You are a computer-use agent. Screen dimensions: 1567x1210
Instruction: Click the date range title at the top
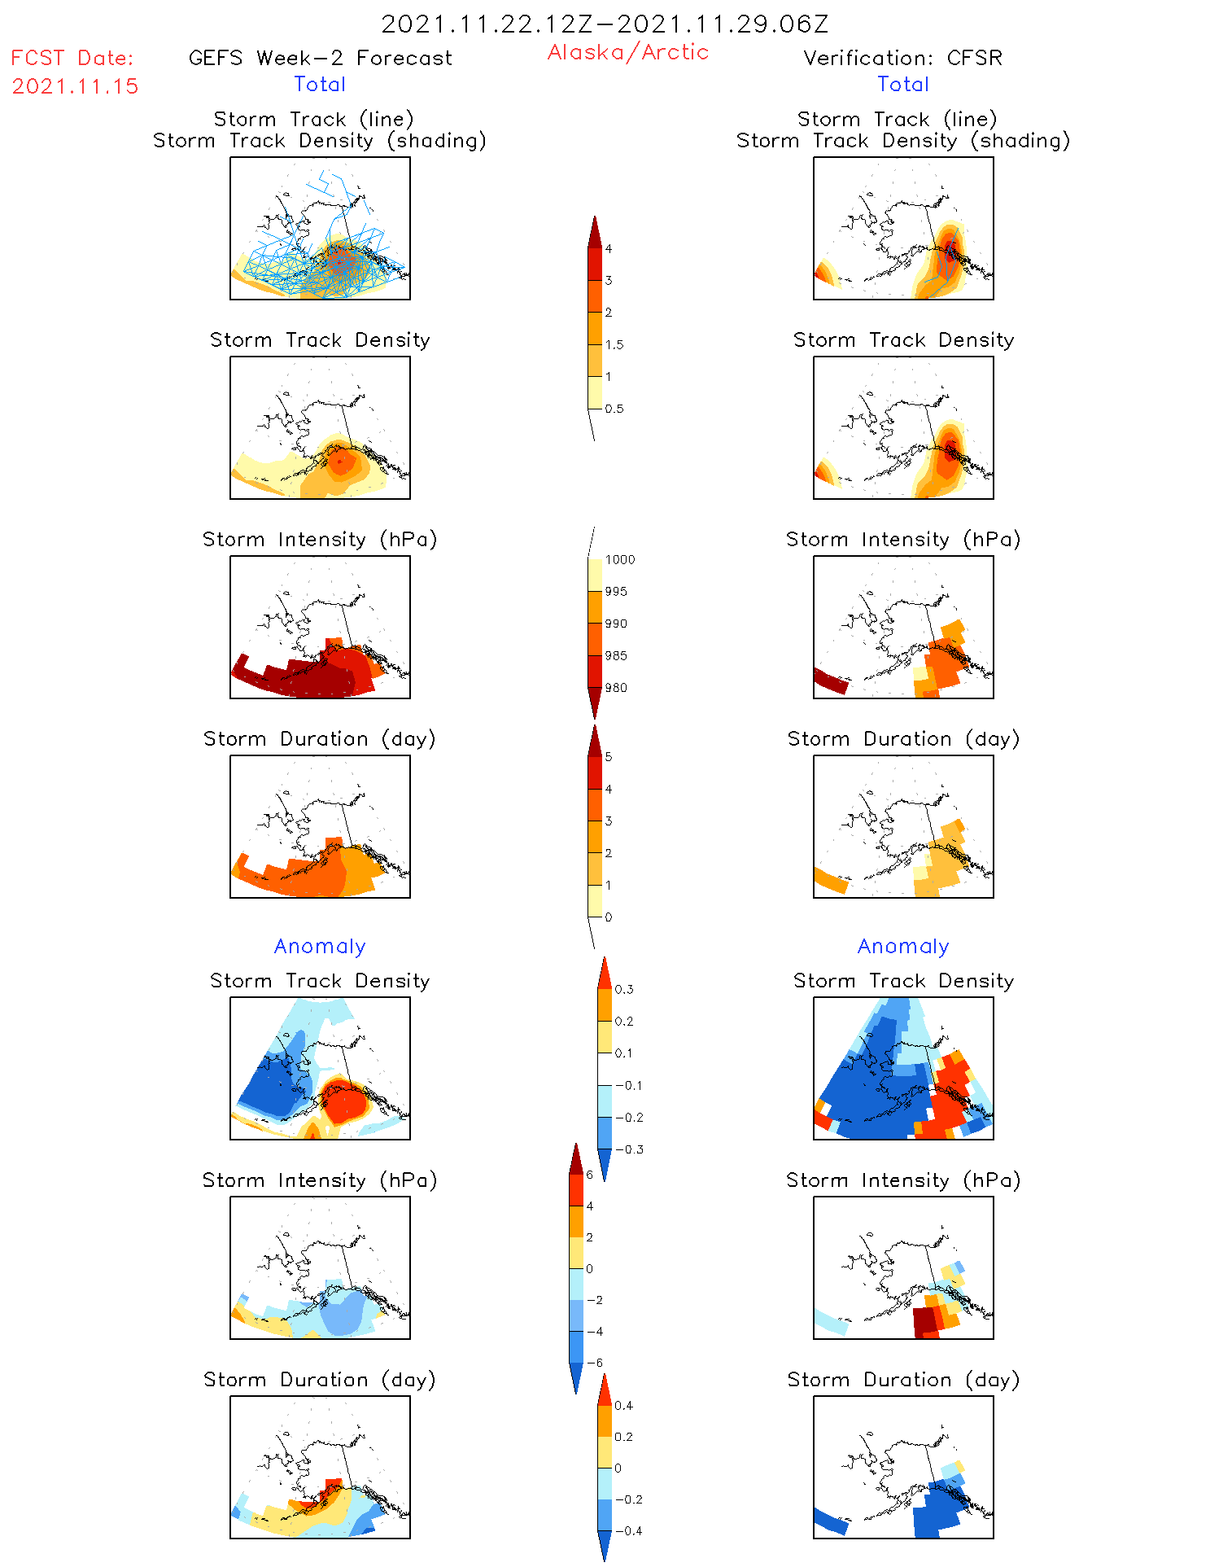tap(605, 24)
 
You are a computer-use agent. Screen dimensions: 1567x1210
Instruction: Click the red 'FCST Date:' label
tap(72, 59)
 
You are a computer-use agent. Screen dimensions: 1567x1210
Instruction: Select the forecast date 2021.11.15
tap(75, 86)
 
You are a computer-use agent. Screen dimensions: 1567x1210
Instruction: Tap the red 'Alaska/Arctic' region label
tap(627, 52)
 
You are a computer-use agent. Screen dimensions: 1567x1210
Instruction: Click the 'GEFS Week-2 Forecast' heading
tap(320, 59)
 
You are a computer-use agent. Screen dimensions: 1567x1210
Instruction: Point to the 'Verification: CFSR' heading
tap(902, 59)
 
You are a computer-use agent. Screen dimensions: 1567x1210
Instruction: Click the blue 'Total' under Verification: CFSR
tap(902, 85)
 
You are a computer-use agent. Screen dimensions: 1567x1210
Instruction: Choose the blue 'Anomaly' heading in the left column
tap(320, 947)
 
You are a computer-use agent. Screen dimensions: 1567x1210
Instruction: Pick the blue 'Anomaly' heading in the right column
tap(903, 947)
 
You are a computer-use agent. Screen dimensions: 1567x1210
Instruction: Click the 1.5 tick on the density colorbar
tap(614, 345)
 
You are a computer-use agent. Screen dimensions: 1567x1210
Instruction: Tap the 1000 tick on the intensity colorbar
tap(619, 560)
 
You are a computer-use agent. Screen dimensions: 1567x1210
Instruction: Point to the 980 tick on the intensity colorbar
tap(616, 688)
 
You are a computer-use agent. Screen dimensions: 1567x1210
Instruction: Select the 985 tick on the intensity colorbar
tap(616, 656)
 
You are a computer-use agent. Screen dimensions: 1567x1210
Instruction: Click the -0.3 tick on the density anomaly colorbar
tap(629, 1149)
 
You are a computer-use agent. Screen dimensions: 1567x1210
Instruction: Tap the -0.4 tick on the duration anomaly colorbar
tap(627, 1530)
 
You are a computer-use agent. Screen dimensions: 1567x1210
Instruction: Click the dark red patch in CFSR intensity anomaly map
tap(924, 1320)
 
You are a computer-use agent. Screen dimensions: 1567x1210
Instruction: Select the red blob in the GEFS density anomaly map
tap(344, 1103)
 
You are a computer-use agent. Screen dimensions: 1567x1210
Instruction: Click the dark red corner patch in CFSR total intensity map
tap(830, 681)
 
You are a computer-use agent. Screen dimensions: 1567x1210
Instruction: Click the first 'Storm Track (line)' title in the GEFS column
tap(313, 120)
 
